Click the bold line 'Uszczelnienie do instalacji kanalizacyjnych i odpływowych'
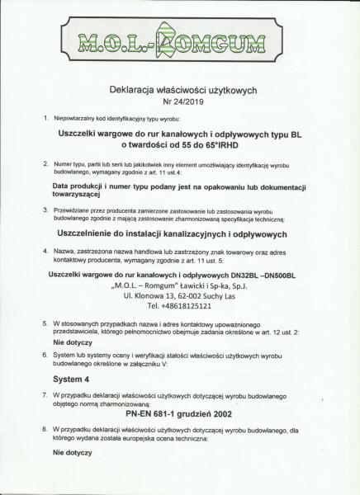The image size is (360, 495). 173,233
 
